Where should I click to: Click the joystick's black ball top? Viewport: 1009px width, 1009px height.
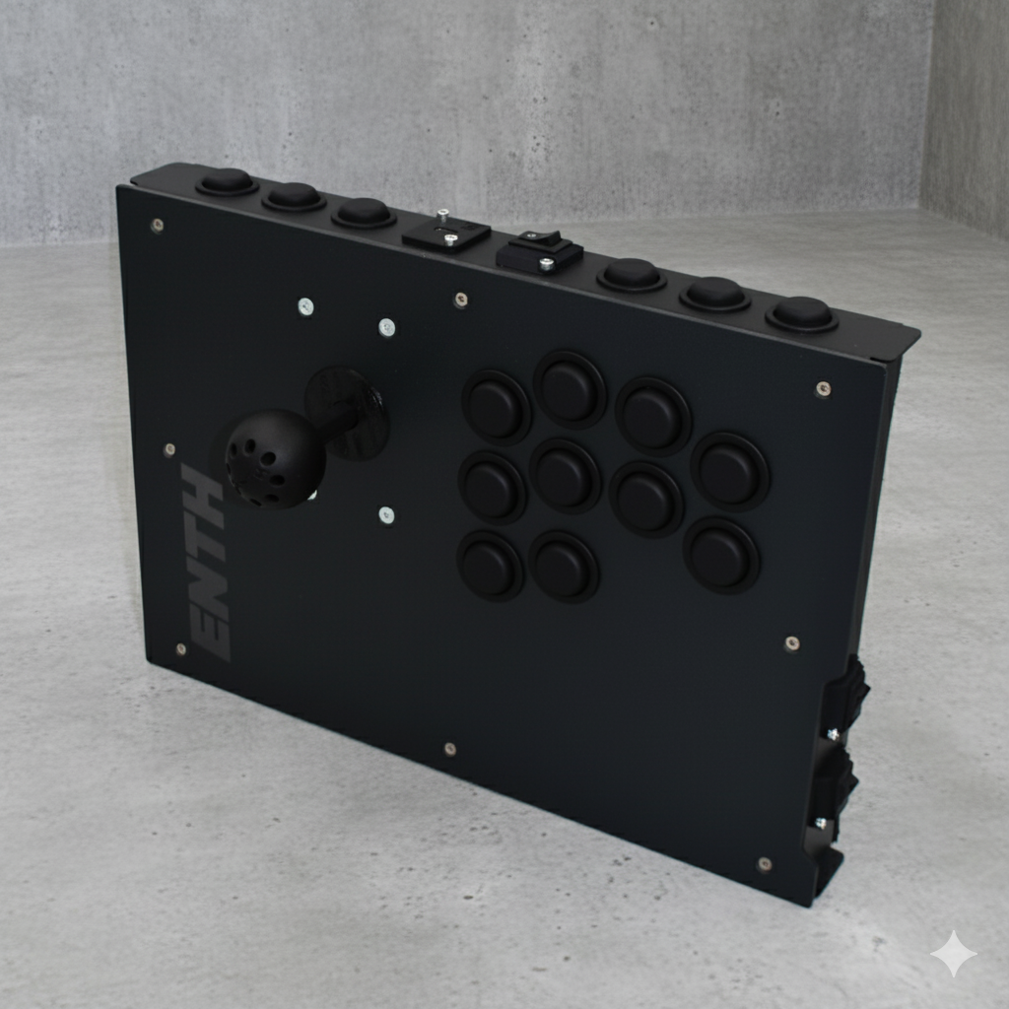point(274,458)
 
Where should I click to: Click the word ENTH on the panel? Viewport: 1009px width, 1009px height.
point(206,562)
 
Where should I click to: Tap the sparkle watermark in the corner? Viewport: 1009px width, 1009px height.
point(953,954)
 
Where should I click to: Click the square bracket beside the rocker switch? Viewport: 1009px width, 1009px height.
point(446,233)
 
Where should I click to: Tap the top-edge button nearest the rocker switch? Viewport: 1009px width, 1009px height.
point(631,273)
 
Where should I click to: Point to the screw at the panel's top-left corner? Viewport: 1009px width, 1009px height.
point(157,225)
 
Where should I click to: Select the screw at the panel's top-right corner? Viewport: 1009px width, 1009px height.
point(823,388)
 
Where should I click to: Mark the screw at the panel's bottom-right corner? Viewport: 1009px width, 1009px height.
point(764,864)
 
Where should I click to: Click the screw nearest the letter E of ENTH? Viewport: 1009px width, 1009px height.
point(180,649)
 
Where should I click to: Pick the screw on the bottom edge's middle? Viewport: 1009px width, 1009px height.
point(449,749)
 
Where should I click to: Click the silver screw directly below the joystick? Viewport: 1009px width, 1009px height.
point(386,514)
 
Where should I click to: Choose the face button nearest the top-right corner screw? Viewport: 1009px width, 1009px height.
point(730,471)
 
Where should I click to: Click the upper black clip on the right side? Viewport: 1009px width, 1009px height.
point(847,695)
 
